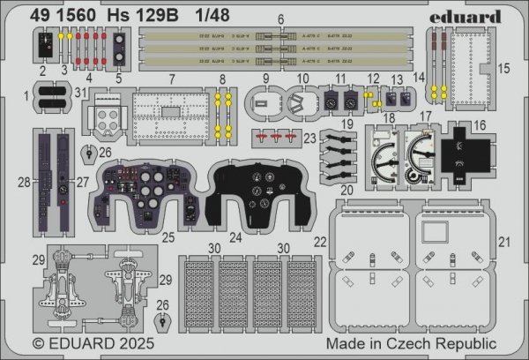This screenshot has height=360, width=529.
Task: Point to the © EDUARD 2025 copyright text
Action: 87,344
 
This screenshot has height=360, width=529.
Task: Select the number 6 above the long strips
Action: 281,19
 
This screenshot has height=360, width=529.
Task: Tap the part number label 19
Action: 350,125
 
